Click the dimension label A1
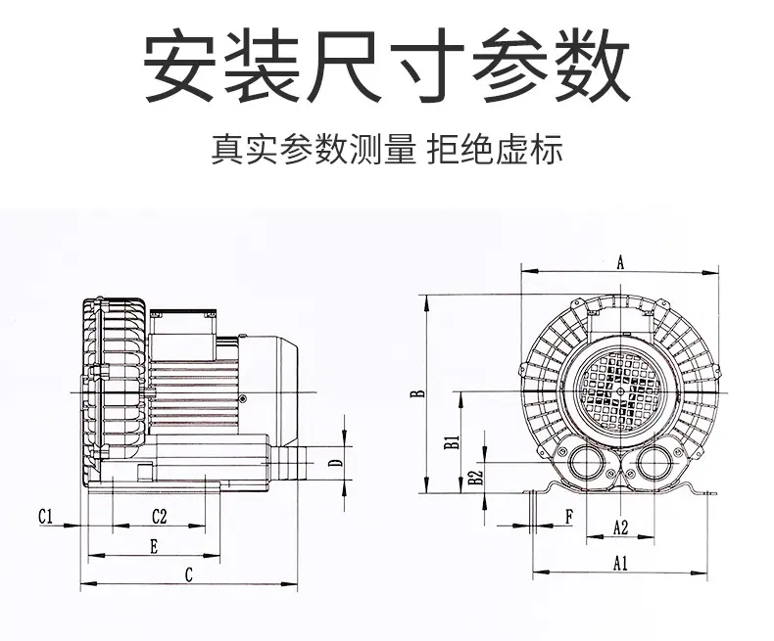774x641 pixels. (x=620, y=563)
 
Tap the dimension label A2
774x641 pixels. (x=620, y=527)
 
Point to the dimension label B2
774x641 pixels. (x=475, y=477)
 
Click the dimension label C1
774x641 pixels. (x=45, y=517)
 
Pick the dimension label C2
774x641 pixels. (x=160, y=517)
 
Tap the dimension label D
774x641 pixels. (x=335, y=463)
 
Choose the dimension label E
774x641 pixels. (x=154, y=547)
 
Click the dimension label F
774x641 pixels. (x=569, y=518)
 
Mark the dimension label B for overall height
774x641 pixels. (x=418, y=393)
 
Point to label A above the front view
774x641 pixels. (x=620, y=263)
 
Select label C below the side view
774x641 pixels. (x=188, y=574)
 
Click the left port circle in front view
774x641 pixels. (x=587, y=463)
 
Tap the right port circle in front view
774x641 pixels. (x=654, y=463)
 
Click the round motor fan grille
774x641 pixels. (x=620, y=391)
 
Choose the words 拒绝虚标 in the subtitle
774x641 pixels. (x=495, y=150)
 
